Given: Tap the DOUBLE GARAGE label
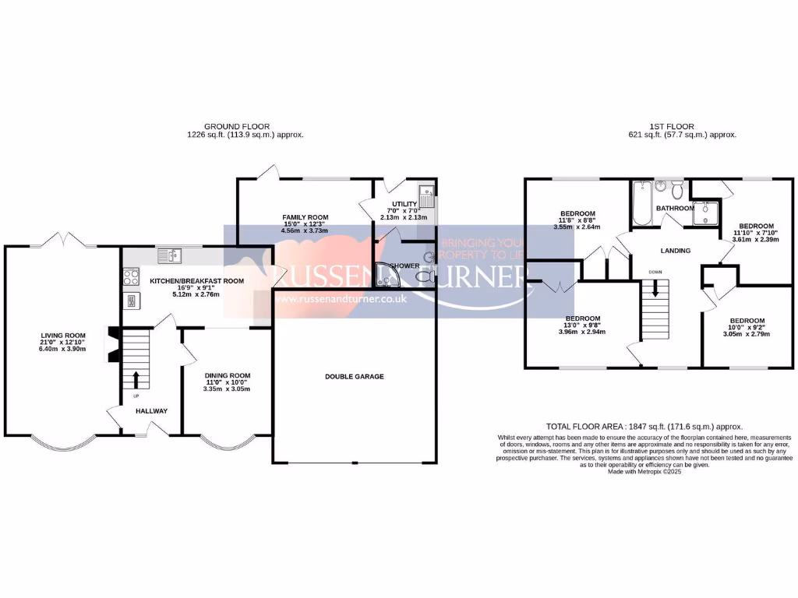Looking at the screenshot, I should pos(355,376).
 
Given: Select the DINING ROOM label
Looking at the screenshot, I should pos(227,375).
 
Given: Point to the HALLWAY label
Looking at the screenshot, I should pos(151,410).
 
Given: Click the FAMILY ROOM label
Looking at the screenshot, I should pos(305,217).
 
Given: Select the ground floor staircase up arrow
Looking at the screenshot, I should pos(136,379).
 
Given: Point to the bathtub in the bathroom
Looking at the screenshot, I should pos(642,202).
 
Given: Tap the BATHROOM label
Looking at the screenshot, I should pos(675,209).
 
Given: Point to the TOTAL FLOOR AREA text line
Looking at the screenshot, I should pos(644,427).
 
